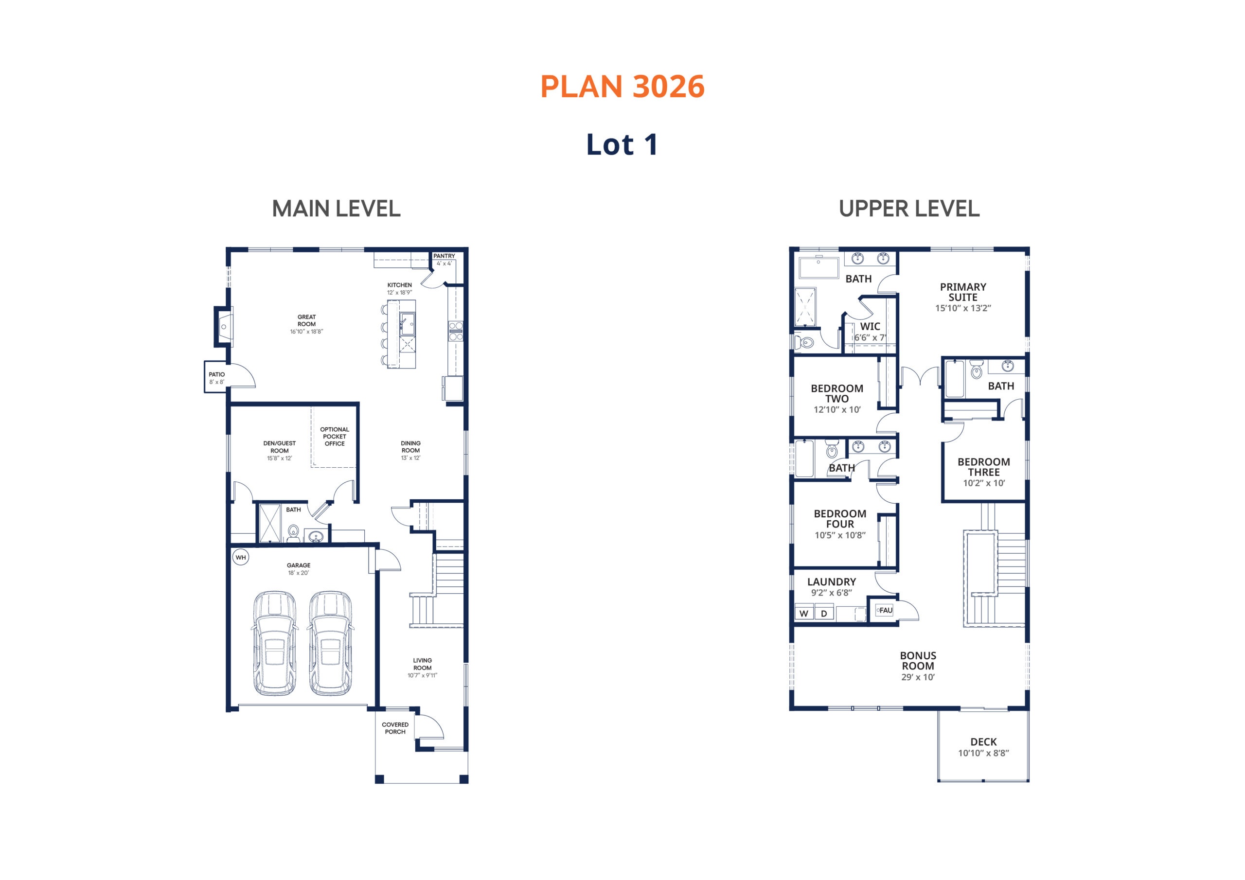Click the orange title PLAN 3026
(x=622, y=87)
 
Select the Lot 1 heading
(x=622, y=145)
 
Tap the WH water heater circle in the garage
(x=241, y=557)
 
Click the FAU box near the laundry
(x=884, y=610)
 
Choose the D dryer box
(x=824, y=613)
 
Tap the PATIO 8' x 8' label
(x=217, y=378)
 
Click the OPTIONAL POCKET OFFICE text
(x=335, y=437)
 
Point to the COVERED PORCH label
(x=395, y=728)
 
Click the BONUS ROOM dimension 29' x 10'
(x=918, y=677)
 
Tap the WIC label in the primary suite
(x=871, y=326)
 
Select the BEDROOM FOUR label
(x=840, y=519)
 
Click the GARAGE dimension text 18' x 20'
(x=299, y=573)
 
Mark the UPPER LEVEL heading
(x=909, y=209)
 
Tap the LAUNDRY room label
(x=832, y=582)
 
